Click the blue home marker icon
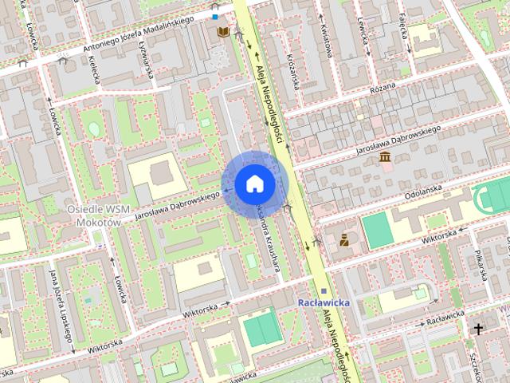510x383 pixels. point(254,184)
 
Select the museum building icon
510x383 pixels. point(386,156)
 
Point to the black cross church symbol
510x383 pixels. point(479,329)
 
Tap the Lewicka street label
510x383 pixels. point(365,32)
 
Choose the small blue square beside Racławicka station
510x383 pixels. point(324,292)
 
